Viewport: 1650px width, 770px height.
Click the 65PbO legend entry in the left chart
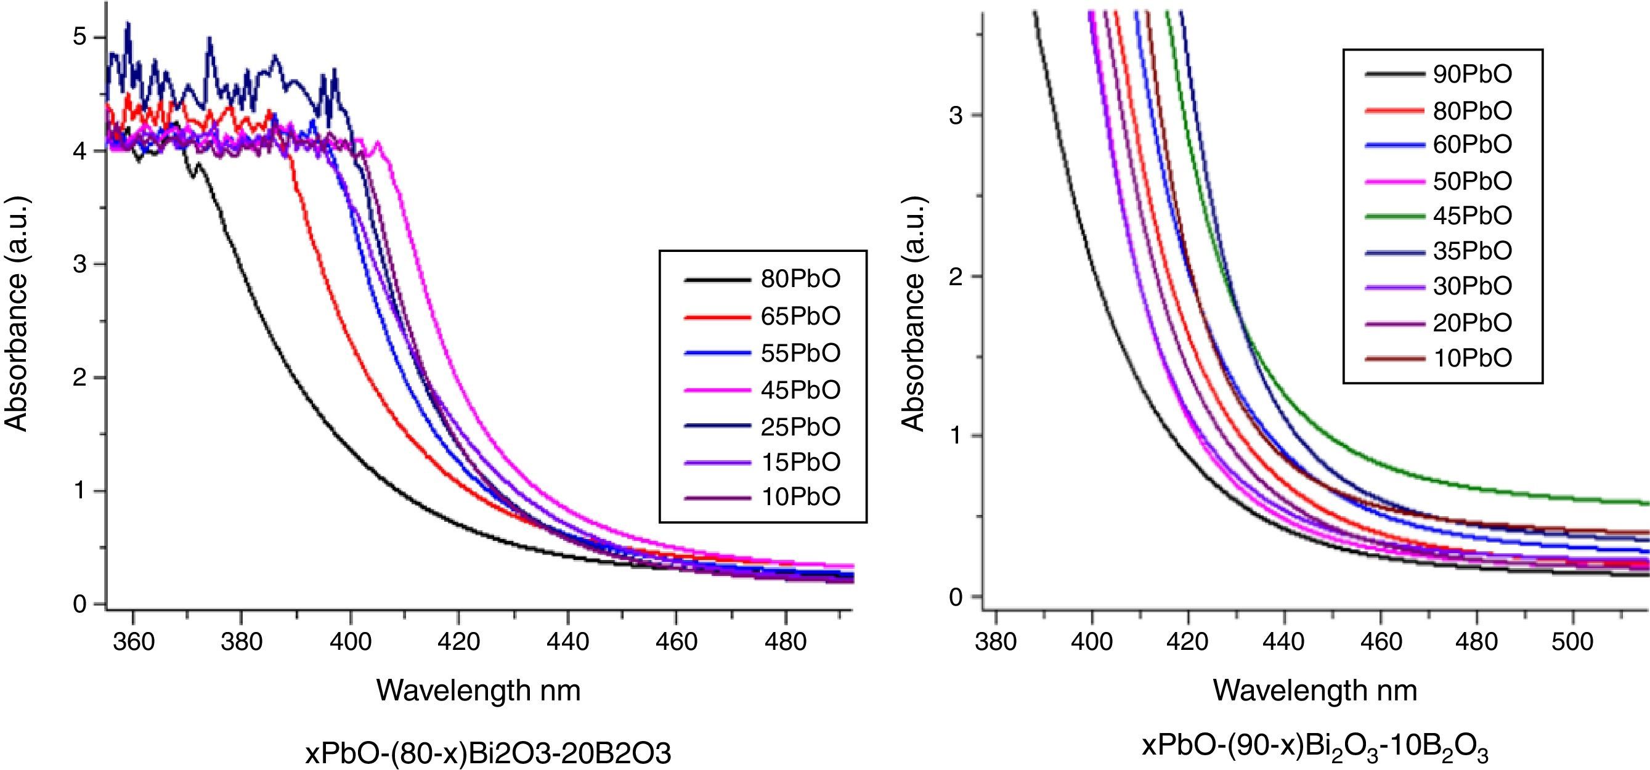coord(800,316)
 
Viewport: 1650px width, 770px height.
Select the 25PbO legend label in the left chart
coord(800,427)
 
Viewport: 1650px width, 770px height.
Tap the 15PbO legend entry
coord(800,462)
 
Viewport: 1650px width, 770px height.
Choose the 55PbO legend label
coord(800,353)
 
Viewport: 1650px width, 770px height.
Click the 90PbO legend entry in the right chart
coord(1472,75)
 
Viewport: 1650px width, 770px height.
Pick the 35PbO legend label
coord(1472,251)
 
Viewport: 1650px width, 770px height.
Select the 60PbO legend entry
coord(1472,145)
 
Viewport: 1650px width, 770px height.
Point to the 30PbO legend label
coord(1472,286)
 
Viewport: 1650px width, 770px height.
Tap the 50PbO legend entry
coord(1472,181)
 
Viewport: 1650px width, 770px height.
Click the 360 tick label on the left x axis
coord(133,641)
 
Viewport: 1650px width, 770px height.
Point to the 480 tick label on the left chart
coord(786,641)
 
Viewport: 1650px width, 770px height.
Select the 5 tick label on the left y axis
coord(79,37)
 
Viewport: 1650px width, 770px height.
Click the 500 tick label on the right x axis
coord(1572,641)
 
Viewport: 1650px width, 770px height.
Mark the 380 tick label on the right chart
coord(996,641)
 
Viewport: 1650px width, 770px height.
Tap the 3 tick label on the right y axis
coord(956,116)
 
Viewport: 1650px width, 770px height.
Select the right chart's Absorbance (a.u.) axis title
coord(913,314)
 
